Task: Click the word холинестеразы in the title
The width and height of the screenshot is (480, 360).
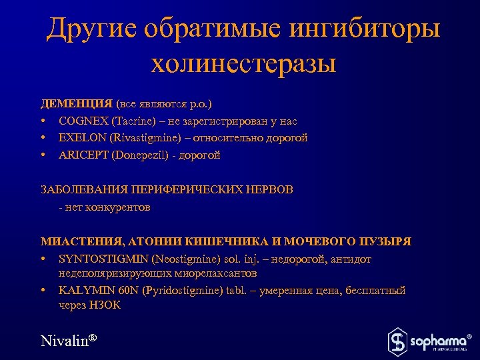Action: (243, 65)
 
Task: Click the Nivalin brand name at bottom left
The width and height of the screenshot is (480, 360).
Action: (65, 341)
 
